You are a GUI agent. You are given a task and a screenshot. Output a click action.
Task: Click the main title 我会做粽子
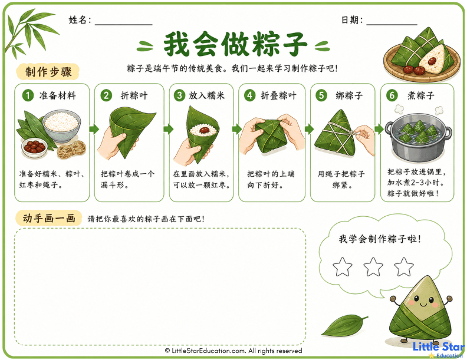(x=235, y=44)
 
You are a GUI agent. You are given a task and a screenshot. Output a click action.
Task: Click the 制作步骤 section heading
(x=48, y=72)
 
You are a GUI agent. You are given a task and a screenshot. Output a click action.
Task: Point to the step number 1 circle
(x=27, y=95)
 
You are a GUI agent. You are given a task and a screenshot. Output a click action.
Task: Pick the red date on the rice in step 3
(x=203, y=130)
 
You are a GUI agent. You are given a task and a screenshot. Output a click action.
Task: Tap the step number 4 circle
(x=250, y=95)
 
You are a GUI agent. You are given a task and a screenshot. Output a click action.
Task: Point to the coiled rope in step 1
(x=70, y=150)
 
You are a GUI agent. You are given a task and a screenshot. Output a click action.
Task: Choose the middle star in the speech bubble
(x=373, y=267)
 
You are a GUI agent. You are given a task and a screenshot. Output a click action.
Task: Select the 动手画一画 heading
(x=48, y=219)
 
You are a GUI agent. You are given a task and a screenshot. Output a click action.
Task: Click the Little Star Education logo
(x=439, y=348)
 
